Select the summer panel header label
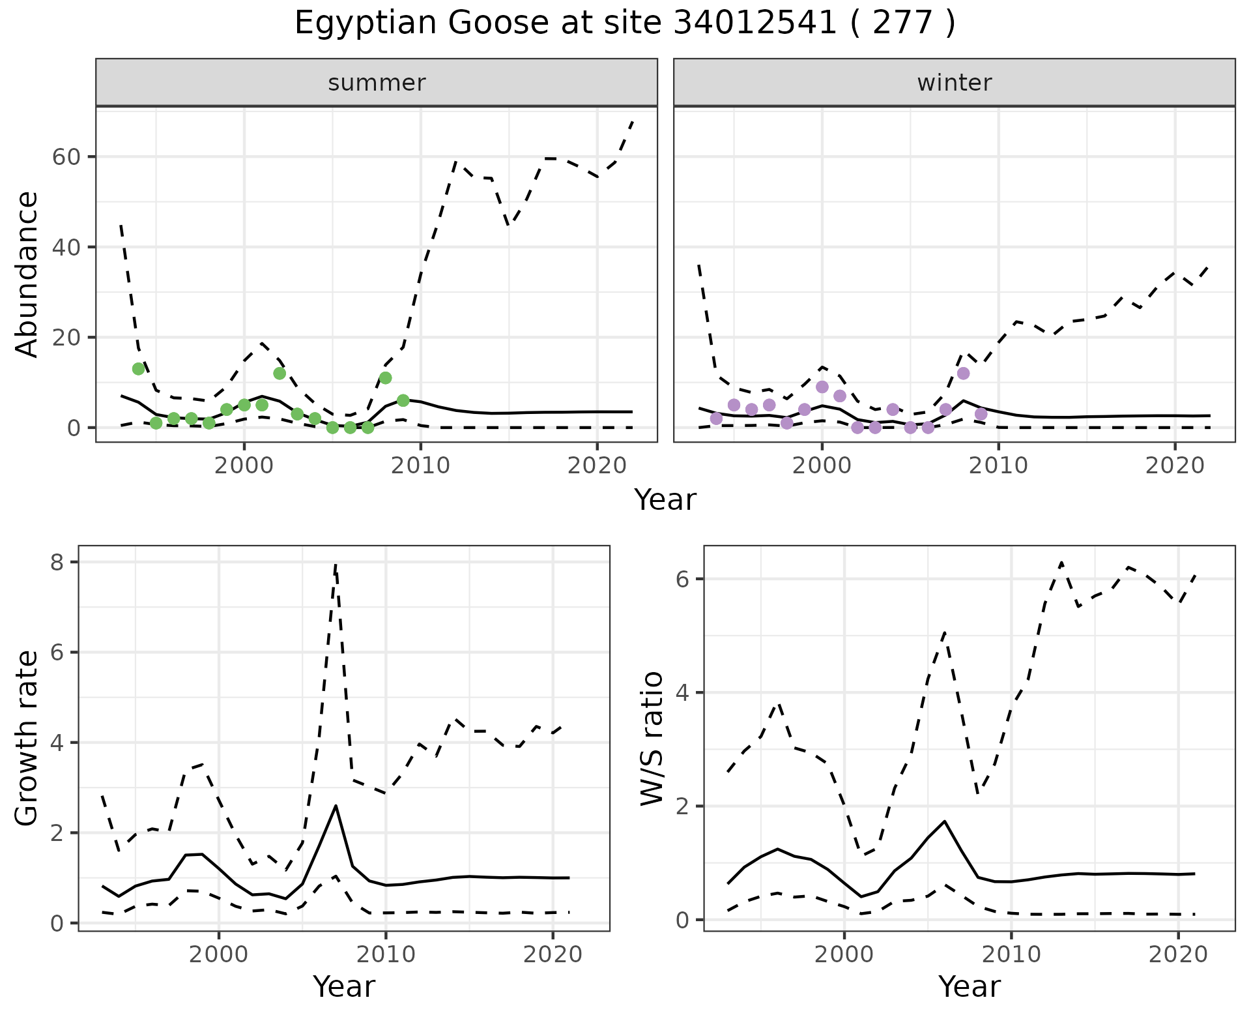click(377, 83)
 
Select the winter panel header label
click(954, 83)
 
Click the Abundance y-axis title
click(27, 274)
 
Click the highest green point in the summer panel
click(138, 369)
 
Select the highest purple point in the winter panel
click(963, 374)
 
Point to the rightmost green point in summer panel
click(403, 400)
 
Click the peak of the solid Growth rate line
click(336, 806)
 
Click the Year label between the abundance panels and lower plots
click(665, 500)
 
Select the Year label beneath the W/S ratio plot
click(969, 987)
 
